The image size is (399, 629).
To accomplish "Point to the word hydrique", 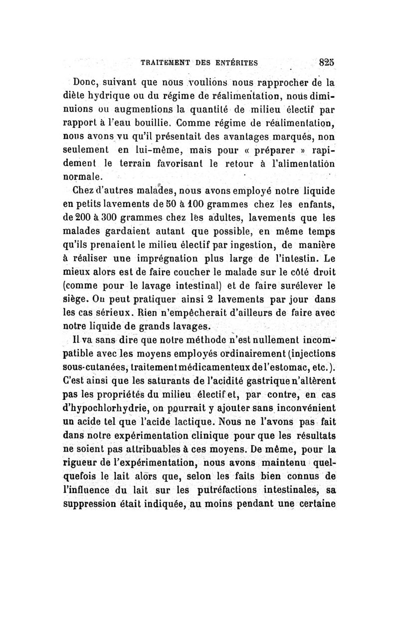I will coord(111,96).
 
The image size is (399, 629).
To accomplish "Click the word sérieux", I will coord(114,314).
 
